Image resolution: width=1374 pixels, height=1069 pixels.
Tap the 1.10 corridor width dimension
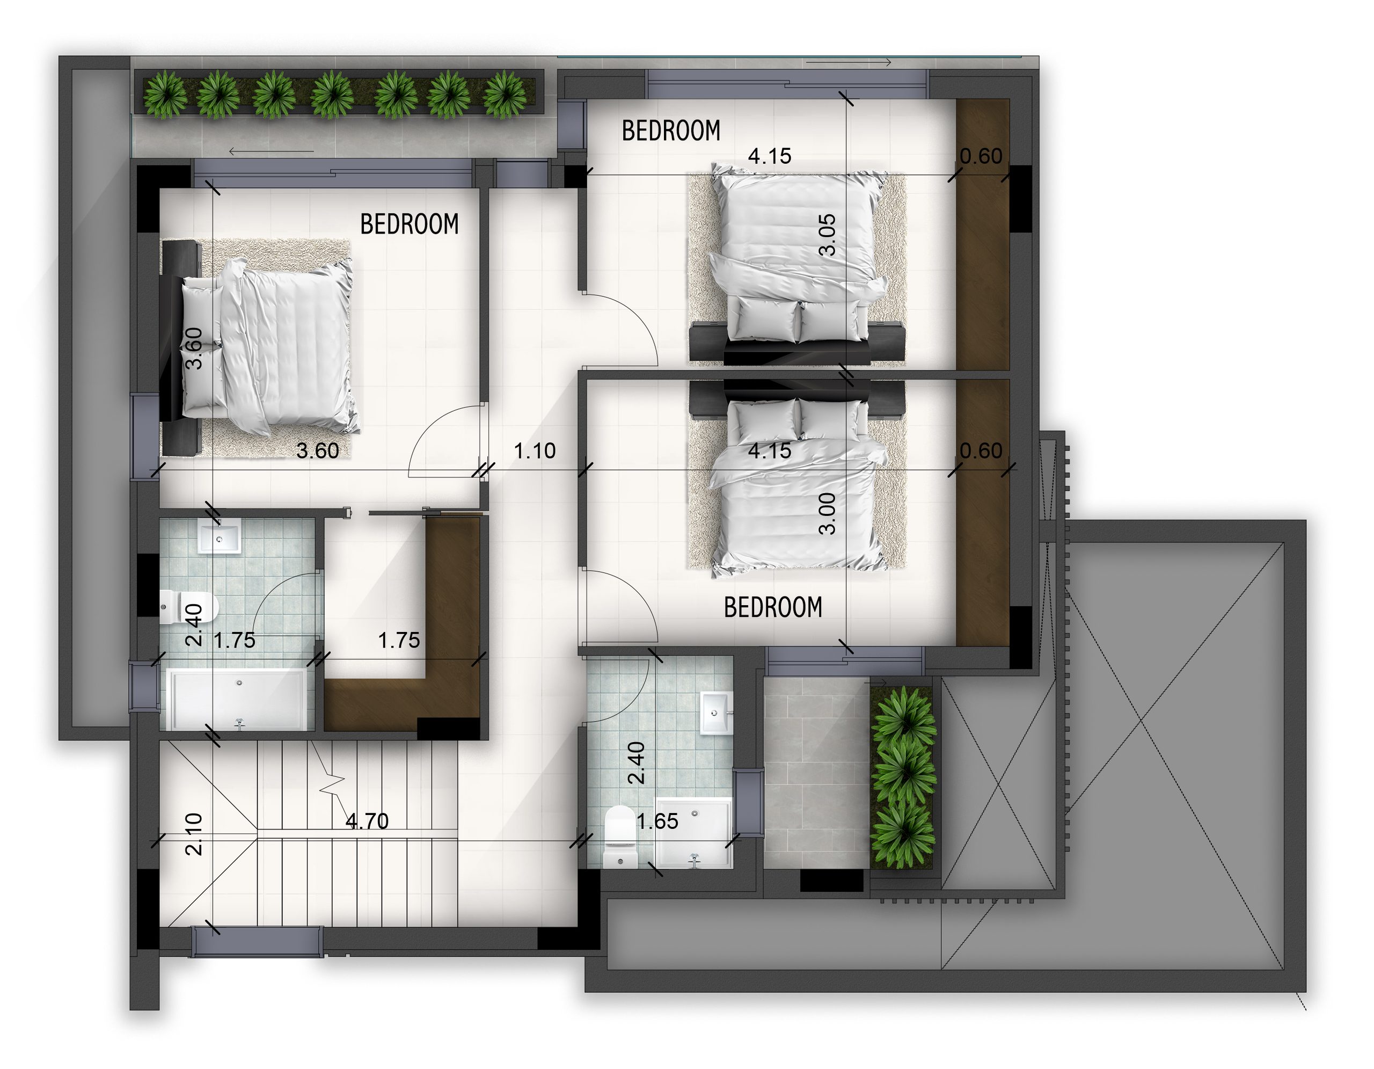[535, 450]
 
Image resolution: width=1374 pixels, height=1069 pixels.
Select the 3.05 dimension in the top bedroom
[828, 235]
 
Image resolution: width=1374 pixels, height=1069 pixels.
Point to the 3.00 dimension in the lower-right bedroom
[828, 513]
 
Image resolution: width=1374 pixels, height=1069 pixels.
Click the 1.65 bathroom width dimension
[657, 821]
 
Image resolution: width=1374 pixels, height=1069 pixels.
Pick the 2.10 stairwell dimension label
[194, 834]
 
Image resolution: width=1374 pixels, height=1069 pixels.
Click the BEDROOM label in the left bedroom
[410, 224]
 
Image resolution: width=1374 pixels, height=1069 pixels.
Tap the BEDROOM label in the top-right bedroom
[671, 131]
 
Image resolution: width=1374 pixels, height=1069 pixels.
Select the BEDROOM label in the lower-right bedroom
[773, 607]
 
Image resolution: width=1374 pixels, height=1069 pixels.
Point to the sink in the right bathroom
[716, 713]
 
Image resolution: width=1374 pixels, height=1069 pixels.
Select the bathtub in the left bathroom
[236, 700]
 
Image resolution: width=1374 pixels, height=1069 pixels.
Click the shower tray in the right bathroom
[694, 833]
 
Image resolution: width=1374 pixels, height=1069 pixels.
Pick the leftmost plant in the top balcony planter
[165, 94]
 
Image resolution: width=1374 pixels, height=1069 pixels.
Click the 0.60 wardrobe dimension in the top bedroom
[981, 156]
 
